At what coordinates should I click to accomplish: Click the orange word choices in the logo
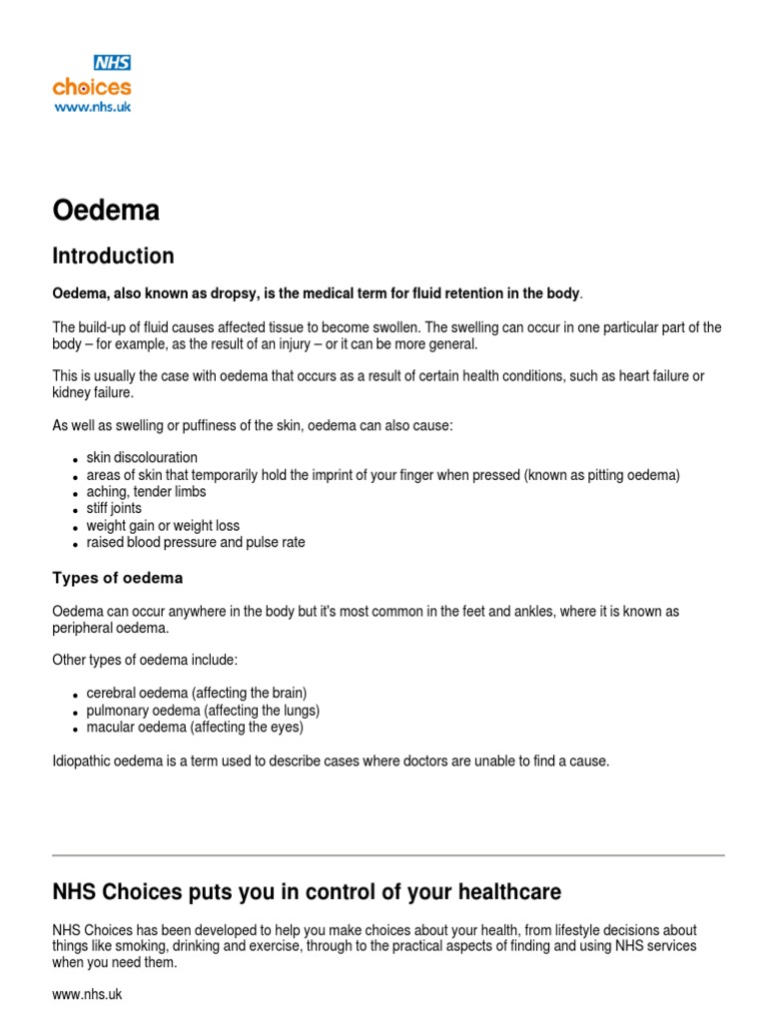(91, 87)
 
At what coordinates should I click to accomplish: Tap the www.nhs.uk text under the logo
(91, 106)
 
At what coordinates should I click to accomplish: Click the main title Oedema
(106, 211)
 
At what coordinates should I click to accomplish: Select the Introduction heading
(113, 255)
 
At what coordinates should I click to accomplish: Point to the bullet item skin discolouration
(142, 457)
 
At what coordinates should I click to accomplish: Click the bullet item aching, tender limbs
(147, 492)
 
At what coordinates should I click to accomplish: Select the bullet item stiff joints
(114, 509)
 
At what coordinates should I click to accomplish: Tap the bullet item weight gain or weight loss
(163, 526)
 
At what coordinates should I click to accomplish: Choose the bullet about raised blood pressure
(196, 543)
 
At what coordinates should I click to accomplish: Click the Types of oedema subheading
(117, 578)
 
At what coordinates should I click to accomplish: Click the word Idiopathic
(83, 762)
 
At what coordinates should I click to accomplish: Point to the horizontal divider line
(387, 855)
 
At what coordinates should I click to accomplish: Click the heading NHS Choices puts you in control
(307, 891)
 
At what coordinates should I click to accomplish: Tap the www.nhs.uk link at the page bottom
(87, 995)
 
